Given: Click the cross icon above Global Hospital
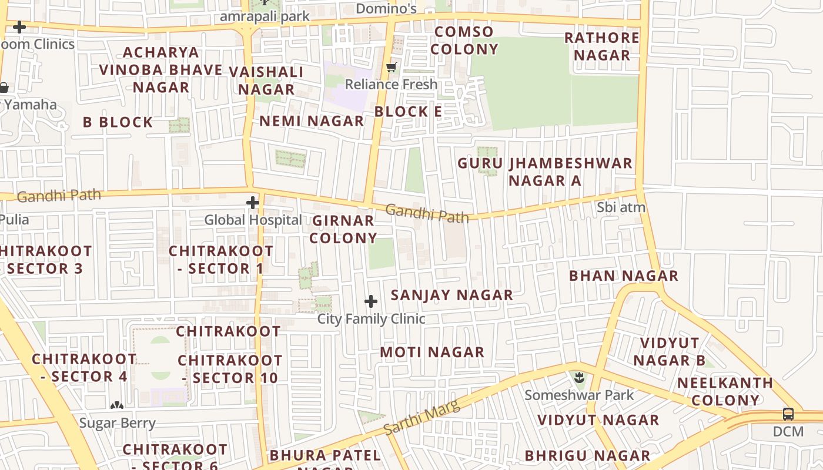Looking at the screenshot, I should [253, 203].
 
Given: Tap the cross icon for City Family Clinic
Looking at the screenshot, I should [371, 302].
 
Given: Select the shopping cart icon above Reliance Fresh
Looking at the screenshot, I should [392, 68].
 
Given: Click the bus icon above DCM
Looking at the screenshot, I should [788, 414].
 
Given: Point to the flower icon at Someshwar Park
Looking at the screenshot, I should [580, 377].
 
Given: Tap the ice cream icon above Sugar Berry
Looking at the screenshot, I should [117, 405].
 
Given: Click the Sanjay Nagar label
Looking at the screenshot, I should [451, 295].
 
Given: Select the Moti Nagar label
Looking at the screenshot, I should [432, 352].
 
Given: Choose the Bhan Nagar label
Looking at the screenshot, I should [624, 276].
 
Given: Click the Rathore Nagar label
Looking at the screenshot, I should [602, 46].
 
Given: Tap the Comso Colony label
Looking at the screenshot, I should [464, 41].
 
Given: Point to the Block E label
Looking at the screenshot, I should [408, 112].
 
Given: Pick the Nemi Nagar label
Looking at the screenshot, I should [312, 121].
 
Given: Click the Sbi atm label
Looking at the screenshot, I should [621, 207].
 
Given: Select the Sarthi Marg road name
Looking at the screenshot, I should [421, 418].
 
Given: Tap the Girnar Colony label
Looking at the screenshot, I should [343, 229].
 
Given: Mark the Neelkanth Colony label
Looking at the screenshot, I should [725, 392].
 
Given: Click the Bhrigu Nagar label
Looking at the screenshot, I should [587, 456].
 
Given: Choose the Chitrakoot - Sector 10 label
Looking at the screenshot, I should [230, 369].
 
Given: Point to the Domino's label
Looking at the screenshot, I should [386, 8].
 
